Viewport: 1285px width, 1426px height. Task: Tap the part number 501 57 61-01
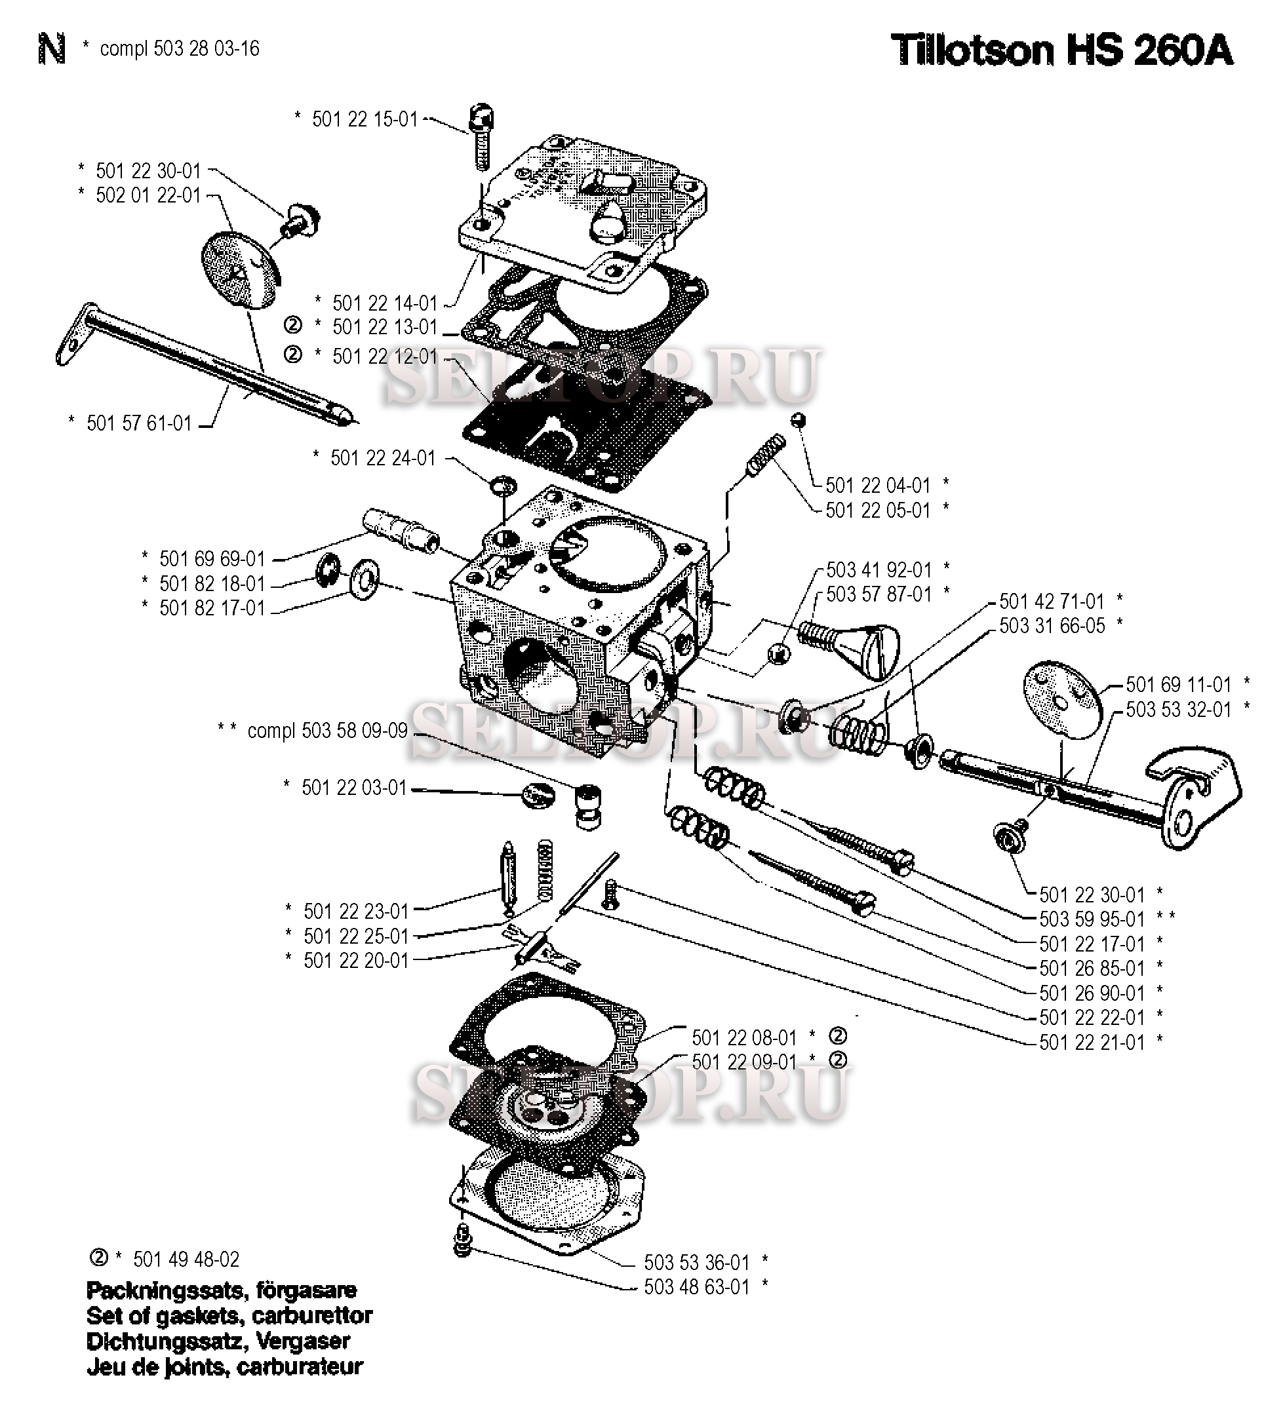(x=139, y=423)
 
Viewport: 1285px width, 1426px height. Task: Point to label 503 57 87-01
(x=879, y=594)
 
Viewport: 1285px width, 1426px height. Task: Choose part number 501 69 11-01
(x=1177, y=684)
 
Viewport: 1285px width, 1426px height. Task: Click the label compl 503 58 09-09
(x=327, y=730)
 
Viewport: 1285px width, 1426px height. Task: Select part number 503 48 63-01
(x=696, y=1287)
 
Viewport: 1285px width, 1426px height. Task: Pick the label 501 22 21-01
(x=1092, y=1042)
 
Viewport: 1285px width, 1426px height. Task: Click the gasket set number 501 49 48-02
(x=186, y=1260)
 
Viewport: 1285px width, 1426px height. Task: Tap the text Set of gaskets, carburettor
(x=229, y=1316)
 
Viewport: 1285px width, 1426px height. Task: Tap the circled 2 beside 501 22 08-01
(x=837, y=1037)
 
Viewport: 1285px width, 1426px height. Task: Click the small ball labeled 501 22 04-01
(x=799, y=420)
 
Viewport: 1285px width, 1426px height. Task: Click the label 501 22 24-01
(x=383, y=459)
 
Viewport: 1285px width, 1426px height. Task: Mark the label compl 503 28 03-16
(x=180, y=48)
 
